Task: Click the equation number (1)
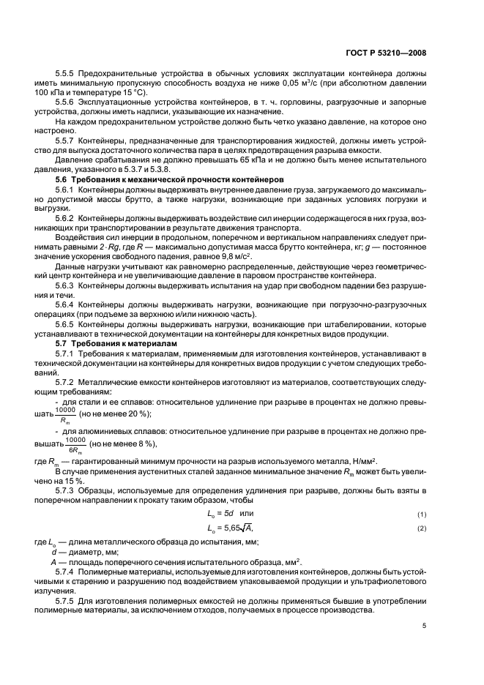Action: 421,514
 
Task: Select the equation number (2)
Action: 421,528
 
